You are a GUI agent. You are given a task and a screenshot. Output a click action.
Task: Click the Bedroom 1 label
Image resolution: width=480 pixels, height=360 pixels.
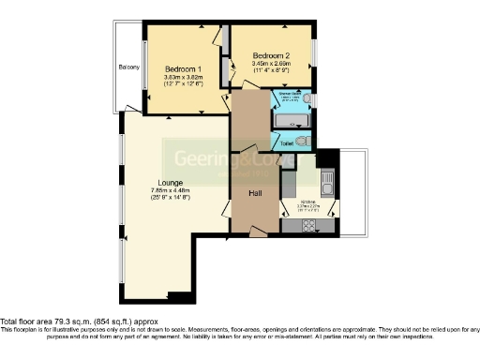pyautogui.click(x=182, y=69)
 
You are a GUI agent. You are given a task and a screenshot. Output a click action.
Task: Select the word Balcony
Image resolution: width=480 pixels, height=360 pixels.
pyautogui.click(x=128, y=67)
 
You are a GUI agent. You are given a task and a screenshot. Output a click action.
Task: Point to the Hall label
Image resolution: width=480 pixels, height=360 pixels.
pyautogui.click(x=254, y=193)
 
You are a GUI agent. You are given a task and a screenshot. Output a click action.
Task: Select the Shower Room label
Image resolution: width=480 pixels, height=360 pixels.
pyautogui.click(x=288, y=96)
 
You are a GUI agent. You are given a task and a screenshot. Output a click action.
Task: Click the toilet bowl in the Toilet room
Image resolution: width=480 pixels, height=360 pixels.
pyautogui.click(x=301, y=142)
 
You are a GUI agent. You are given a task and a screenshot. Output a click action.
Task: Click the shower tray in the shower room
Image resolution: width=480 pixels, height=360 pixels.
pyautogui.click(x=291, y=122)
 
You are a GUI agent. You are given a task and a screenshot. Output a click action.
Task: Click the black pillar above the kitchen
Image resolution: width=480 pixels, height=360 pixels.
pyautogui.click(x=327, y=157)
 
